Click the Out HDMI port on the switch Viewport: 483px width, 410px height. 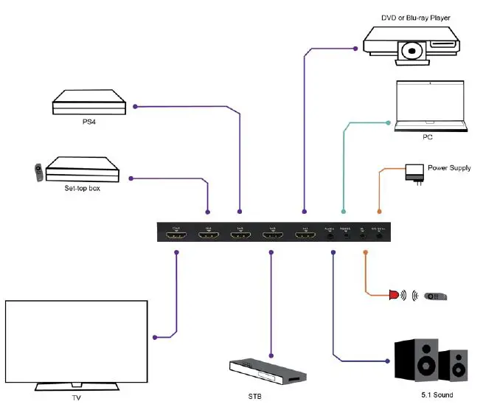point(177,235)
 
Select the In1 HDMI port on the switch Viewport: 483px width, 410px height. point(304,235)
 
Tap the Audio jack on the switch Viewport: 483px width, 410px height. point(330,236)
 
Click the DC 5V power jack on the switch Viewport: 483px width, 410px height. point(379,236)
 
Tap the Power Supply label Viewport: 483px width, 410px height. point(449,168)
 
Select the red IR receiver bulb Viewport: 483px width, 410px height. point(396,296)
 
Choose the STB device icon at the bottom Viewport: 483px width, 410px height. point(265,372)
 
